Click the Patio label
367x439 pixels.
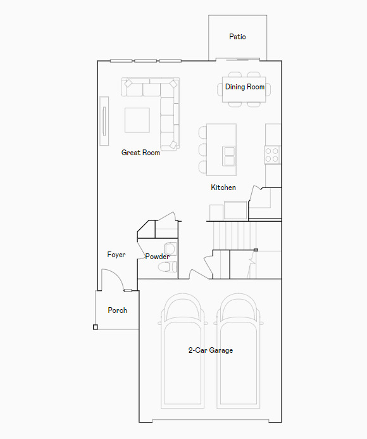click(x=237, y=37)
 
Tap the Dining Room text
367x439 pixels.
click(x=245, y=87)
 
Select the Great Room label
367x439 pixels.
click(x=140, y=153)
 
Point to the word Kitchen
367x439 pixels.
click(x=223, y=188)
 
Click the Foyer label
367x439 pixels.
click(x=116, y=255)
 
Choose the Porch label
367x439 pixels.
click(x=117, y=310)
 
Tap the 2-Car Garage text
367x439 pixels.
click(x=211, y=350)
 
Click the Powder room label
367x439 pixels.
click(x=156, y=257)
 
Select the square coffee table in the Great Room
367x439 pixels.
click(x=137, y=120)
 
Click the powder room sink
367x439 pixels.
click(x=170, y=248)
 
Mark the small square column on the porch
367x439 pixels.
click(x=95, y=327)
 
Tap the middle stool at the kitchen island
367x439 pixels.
click(x=202, y=150)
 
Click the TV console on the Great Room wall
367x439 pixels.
click(x=104, y=120)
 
